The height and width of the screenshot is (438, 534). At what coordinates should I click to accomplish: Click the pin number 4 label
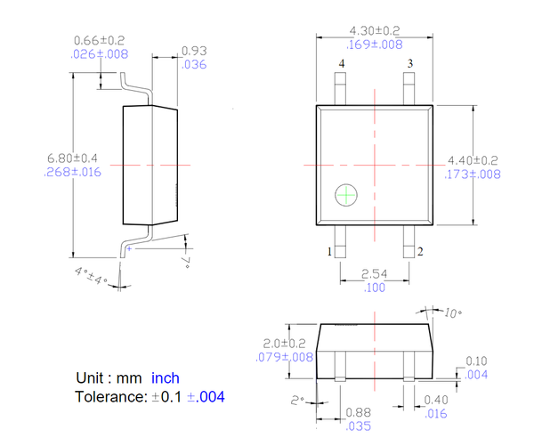point(341,64)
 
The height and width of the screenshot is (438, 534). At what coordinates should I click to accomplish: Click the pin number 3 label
point(410,64)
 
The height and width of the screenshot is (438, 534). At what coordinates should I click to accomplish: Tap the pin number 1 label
point(329,252)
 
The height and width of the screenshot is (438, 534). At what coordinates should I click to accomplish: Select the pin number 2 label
point(420,252)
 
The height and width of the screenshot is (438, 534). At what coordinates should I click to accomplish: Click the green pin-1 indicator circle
point(345,195)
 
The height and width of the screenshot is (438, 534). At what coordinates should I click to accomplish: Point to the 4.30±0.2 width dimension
point(374,31)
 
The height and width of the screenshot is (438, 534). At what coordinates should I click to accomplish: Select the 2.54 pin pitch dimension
point(374,275)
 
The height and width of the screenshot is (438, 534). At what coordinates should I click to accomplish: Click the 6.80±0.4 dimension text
point(72,158)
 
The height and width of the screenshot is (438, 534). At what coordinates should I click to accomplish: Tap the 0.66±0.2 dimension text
point(100,41)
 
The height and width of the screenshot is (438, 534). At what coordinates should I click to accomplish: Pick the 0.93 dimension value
point(194,52)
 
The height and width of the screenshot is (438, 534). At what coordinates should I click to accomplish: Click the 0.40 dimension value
point(436,401)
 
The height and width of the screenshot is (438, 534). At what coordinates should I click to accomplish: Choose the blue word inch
point(165,378)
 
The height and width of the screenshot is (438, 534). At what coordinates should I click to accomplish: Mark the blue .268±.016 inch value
point(72,173)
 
